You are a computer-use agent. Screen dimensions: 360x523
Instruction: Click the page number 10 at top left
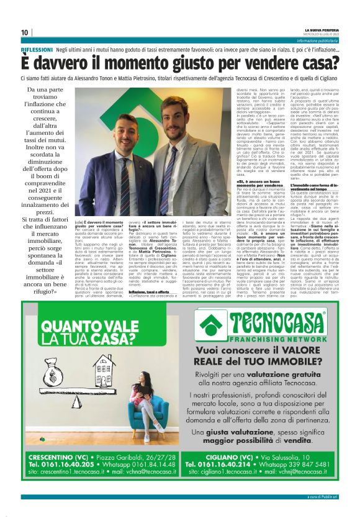click(25, 32)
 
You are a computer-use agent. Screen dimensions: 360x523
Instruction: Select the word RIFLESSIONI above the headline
click(36, 48)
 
